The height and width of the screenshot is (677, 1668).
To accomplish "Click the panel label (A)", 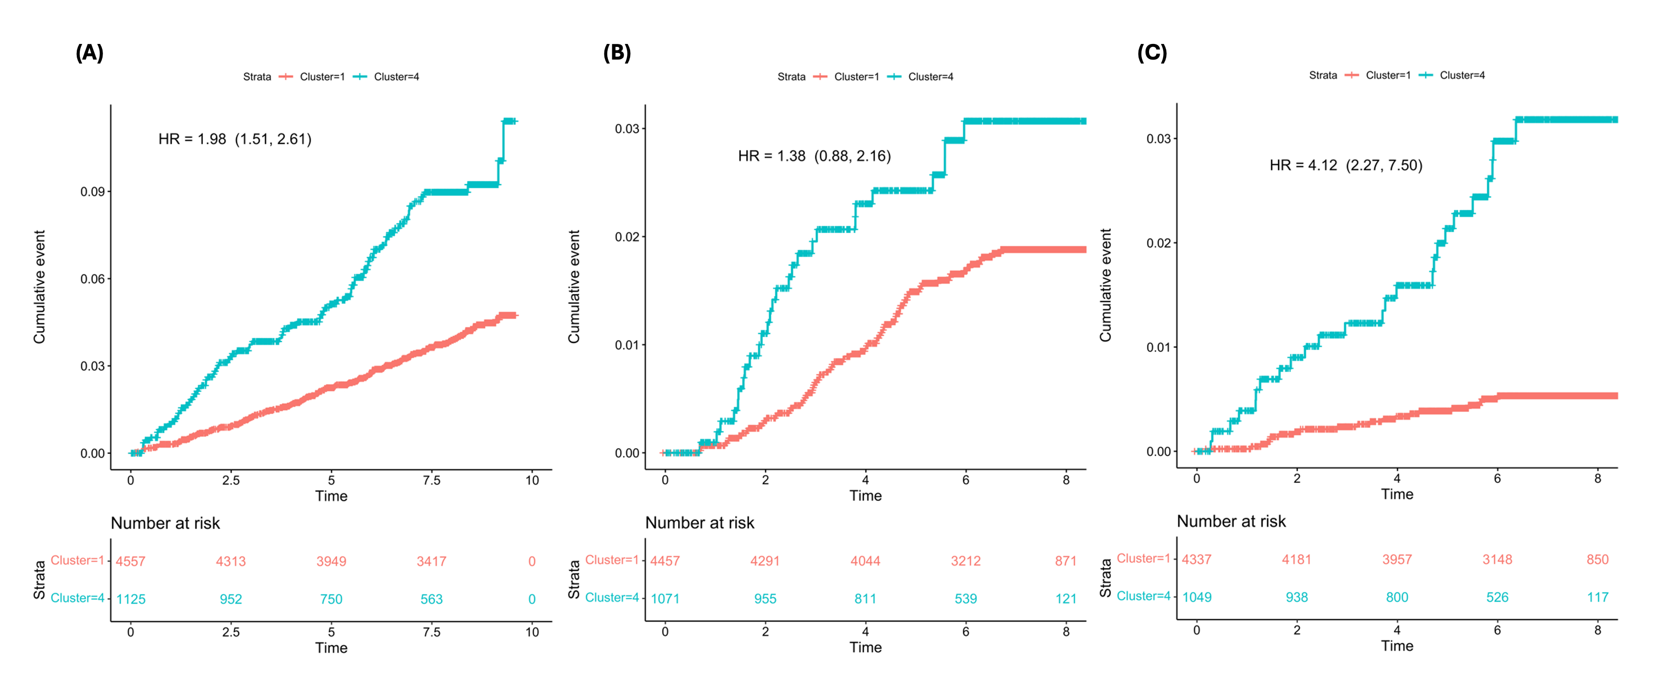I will [89, 53].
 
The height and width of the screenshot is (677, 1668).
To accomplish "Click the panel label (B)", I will [616, 53].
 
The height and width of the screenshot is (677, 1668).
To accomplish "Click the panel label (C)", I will [1152, 53].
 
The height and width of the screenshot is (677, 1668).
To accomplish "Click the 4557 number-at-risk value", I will [130, 561].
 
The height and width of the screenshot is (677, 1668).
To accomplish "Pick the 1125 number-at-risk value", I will [130, 599].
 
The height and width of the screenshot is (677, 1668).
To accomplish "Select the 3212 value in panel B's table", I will [965, 560].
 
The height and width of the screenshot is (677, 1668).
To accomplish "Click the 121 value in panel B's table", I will [1065, 599].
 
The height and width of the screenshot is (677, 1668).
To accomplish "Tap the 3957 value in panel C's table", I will [1397, 559].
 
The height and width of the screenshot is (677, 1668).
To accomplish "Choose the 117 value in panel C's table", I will [1597, 597].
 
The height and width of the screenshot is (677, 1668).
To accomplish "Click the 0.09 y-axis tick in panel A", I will [92, 191].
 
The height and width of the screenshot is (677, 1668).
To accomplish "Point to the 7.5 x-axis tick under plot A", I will [431, 480].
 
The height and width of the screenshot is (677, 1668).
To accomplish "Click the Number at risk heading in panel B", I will [699, 523].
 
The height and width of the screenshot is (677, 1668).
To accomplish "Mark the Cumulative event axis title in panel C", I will [1105, 285].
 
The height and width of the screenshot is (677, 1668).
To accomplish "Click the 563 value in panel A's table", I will [431, 599].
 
